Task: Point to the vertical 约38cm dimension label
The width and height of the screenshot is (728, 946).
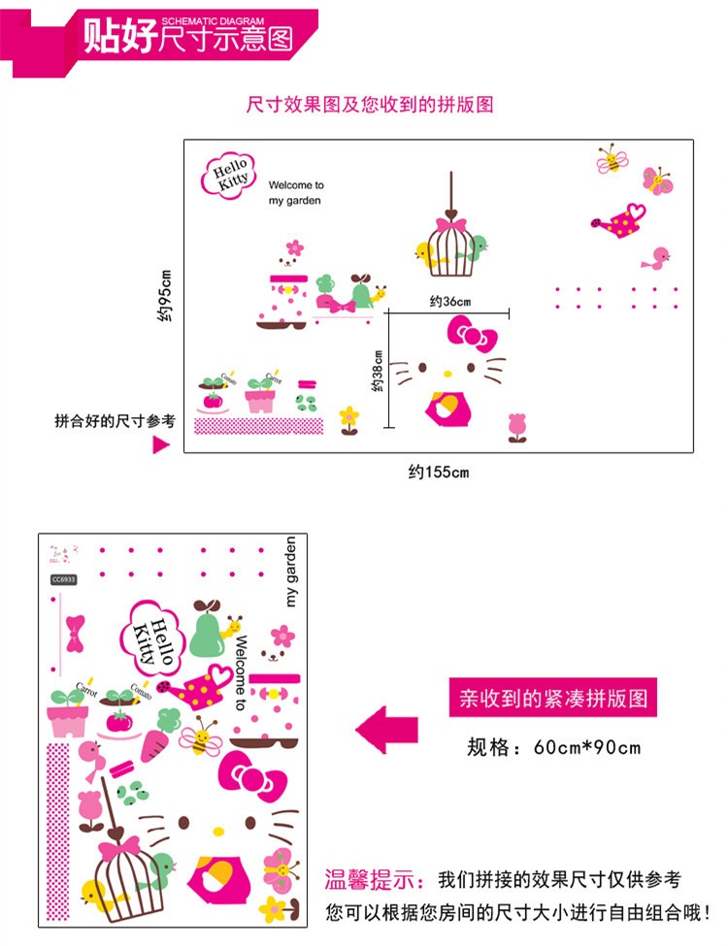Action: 378,372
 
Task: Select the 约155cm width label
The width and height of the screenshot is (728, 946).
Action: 439,473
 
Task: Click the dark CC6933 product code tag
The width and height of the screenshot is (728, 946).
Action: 64,579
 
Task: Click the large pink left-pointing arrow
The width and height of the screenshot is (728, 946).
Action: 386,730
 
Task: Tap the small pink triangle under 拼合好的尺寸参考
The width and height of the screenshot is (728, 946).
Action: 162,444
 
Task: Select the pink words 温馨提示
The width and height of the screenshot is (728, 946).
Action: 374,881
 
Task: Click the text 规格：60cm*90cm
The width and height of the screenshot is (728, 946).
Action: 553,747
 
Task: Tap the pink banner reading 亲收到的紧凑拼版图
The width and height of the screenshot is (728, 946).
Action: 552,698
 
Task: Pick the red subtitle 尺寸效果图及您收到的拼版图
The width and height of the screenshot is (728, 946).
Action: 370,104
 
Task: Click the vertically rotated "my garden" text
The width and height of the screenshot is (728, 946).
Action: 290,571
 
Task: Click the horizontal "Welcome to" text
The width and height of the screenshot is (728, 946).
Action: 296,184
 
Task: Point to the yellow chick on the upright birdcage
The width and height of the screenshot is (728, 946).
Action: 426,255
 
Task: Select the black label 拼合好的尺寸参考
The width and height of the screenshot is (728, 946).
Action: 115,421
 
